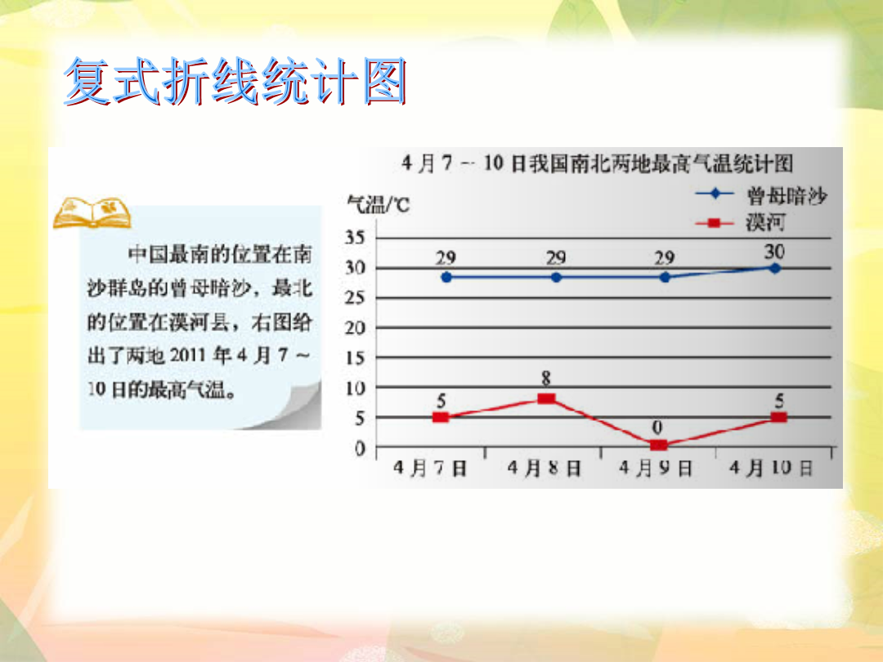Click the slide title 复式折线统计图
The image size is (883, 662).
pyautogui.click(x=235, y=81)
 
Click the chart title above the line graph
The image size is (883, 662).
pyautogui.click(x=598, y=163)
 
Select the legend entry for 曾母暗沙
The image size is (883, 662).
pyautogui.click(x=762, y=195)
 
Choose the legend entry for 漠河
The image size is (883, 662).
pyautogui.click(x=741, y=223)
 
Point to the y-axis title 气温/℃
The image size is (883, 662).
pyautogui.click(x=378, y=204)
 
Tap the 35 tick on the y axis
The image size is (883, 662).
pyautogui.click(x=355, y=238)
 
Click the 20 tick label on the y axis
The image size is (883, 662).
pyautogui.click(x=355, y=328)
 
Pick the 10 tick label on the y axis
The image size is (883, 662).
pyautogui.click(x=355, y=388)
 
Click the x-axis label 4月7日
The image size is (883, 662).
pyautogui.click(x=430, y=467)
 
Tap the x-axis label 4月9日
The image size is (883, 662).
pyautogui.click(x=656, y=467)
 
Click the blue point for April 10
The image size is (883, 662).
pyautogui.click(x=775, y=269)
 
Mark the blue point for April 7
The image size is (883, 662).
pyautogui.click(x=446, y=278)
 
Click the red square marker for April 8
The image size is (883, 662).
pyautogui.click(x=546, y=399)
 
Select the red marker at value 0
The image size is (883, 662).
pyautogui.click(x=659, y=445)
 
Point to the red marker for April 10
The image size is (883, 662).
pyautogui.click(x=779, y=417)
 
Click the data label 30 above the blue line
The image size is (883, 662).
pyautogui.click(x=774, y=252)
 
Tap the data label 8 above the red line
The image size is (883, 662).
pyautogui.click(x=545, y=379)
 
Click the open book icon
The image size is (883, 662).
pyautogui.click(x=92, y=212)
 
